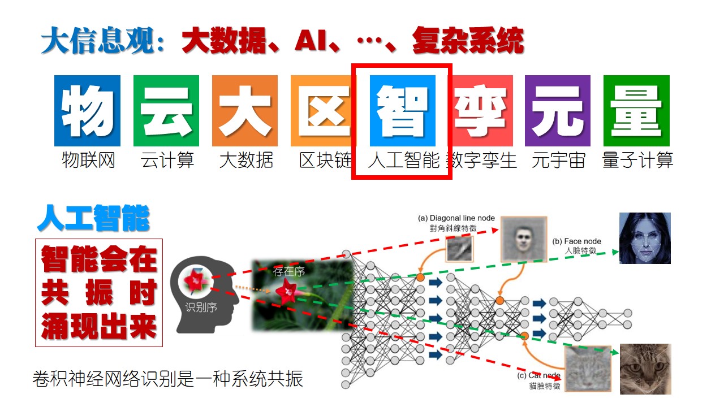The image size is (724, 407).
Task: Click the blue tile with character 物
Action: coord(87,111)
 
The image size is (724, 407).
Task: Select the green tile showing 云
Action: coord(166,111)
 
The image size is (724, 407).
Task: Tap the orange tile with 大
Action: coord(245,111)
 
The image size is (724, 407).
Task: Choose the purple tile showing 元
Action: coord(558,111)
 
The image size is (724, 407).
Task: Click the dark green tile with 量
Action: coord(636,111)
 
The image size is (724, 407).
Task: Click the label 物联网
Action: coord(88,161)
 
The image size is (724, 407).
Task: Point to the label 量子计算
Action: coord(637,161)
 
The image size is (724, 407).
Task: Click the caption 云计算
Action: coord(167,161)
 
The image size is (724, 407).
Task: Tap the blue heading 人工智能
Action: coord(93,219)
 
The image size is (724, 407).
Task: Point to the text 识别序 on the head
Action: coord(201,308)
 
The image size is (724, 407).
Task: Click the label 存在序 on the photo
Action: coord(289,272)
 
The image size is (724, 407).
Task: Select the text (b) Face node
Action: coord(576,241)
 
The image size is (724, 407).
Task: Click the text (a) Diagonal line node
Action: coord(456,218)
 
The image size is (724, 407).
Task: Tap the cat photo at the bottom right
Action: coord(645,369)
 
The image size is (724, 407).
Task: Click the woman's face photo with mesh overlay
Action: coord(645,238)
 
